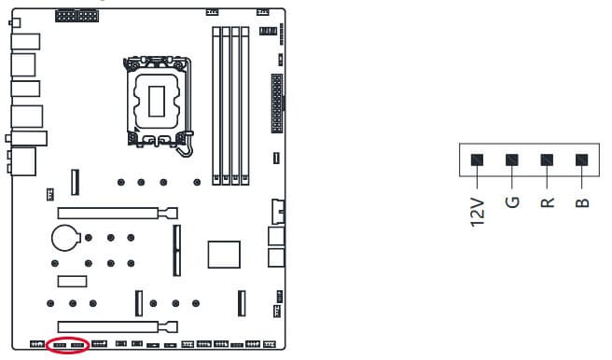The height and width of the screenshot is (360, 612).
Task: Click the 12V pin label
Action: [478, 213]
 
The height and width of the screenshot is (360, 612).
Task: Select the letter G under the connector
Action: [512, 202]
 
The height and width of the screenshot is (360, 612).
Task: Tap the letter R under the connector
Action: [548, 202]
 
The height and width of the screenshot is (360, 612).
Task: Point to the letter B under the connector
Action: [582, 202]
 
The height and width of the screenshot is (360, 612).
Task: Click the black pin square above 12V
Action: [477, 159]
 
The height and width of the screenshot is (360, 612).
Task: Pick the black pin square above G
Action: [512, 159]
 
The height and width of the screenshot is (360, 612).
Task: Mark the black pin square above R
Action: [547, 159]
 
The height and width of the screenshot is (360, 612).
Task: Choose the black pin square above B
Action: [581, 159]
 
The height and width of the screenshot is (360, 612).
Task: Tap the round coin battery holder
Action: [64, 238]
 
